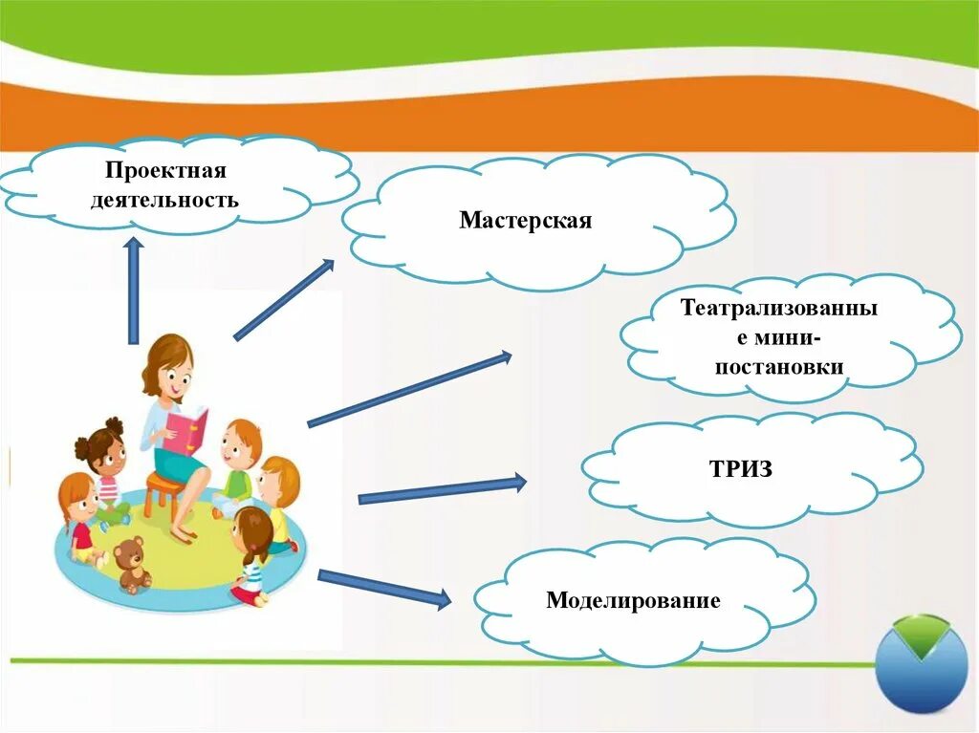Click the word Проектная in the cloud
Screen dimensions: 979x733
165,171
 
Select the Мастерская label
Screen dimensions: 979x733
525,221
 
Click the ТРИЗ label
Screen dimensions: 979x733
740,469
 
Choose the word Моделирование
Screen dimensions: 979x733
633,600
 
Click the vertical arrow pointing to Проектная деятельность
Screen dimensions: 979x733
133,291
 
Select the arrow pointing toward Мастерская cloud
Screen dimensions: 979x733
284,299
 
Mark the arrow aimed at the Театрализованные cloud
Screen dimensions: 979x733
409,389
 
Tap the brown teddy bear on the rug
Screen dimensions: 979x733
132,564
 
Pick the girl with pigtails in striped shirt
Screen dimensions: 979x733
252,554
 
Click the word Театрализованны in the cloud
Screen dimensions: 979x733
778,309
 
